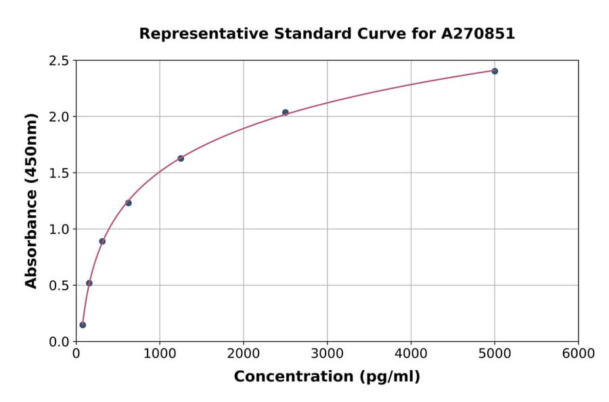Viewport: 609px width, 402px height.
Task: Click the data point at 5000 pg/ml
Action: click(x=495, y=71)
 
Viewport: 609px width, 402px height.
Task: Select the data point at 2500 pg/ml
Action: click(x=286, y=112)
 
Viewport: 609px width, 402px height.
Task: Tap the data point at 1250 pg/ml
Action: click(x=181, y=158)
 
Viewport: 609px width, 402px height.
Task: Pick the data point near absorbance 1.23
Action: click(x=129, y=203)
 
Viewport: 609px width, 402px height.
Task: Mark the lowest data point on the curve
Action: click(x=83, y=325)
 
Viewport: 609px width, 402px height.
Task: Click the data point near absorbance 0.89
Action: click(x=102, y=241)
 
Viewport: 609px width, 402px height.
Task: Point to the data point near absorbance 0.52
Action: click(x=89, y=283)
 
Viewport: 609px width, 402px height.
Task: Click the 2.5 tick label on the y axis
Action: click(x=60, y=61)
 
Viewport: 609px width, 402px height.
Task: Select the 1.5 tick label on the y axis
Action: click(x=60, y=173)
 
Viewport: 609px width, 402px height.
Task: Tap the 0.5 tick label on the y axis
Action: click(x=60, y=286)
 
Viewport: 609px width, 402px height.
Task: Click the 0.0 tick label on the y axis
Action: click(x=60, y=342)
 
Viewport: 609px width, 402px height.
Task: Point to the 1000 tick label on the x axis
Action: click(x=160, y=354)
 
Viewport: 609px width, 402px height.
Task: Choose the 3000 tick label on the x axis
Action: click(x=327, y=354)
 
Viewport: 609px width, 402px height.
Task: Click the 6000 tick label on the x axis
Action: click(x=578, y=354)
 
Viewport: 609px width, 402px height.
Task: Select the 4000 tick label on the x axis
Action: click(x=411, y=354)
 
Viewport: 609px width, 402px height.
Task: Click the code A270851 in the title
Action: click(x=478, y=34)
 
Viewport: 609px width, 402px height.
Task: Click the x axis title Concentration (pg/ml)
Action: click(x=327, y=377)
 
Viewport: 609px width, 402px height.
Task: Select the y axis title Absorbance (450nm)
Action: click(x=31, y=200)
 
